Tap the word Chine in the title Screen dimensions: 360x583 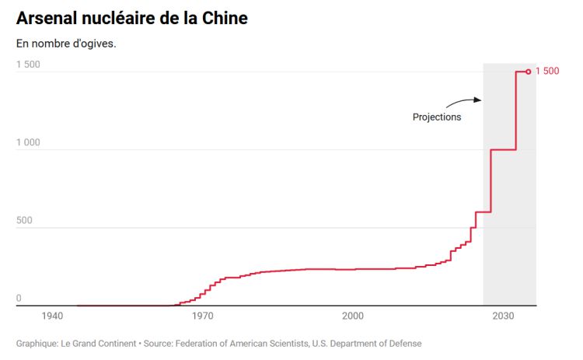tap(223, 18)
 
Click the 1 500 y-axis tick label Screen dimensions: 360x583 tap(28, 65)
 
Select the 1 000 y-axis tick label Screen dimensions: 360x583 tap(28, 142)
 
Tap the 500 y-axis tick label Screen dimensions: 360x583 tap(25, 220)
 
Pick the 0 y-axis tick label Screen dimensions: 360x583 tap(19, 298)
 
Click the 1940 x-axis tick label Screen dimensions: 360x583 tap(52, 316)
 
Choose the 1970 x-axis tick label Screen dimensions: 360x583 tap(202, 316)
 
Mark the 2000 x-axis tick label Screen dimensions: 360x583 tap(353, 316)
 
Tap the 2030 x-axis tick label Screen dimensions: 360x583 tap(503, 316)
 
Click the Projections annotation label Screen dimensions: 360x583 tap(437, 117)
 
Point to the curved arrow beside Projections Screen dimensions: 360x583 tap(464, 102)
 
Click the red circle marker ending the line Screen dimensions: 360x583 tap(529, 72)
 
